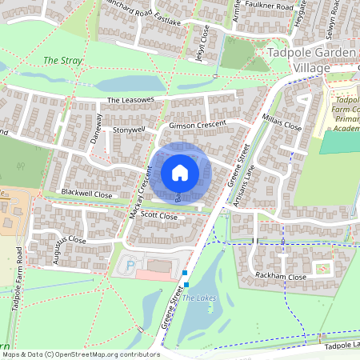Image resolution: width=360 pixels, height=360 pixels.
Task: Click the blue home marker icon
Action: click(x=180, y=173)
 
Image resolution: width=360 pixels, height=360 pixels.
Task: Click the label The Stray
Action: click(x=62, y=60)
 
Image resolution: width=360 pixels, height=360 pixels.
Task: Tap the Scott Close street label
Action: click(x=158, y=215)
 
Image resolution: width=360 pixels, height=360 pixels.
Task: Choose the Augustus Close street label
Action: click(x=64, y=239)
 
